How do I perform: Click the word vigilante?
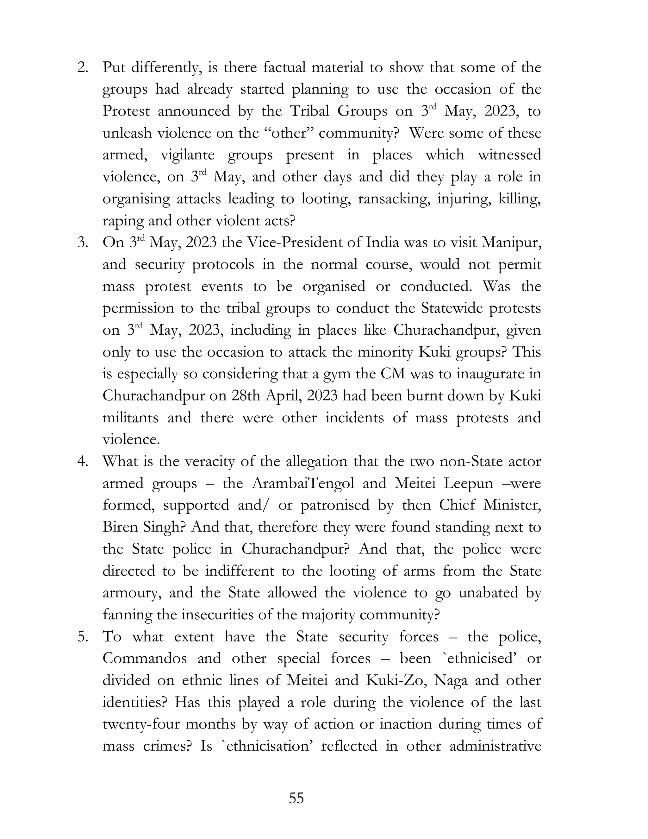[187, 155]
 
